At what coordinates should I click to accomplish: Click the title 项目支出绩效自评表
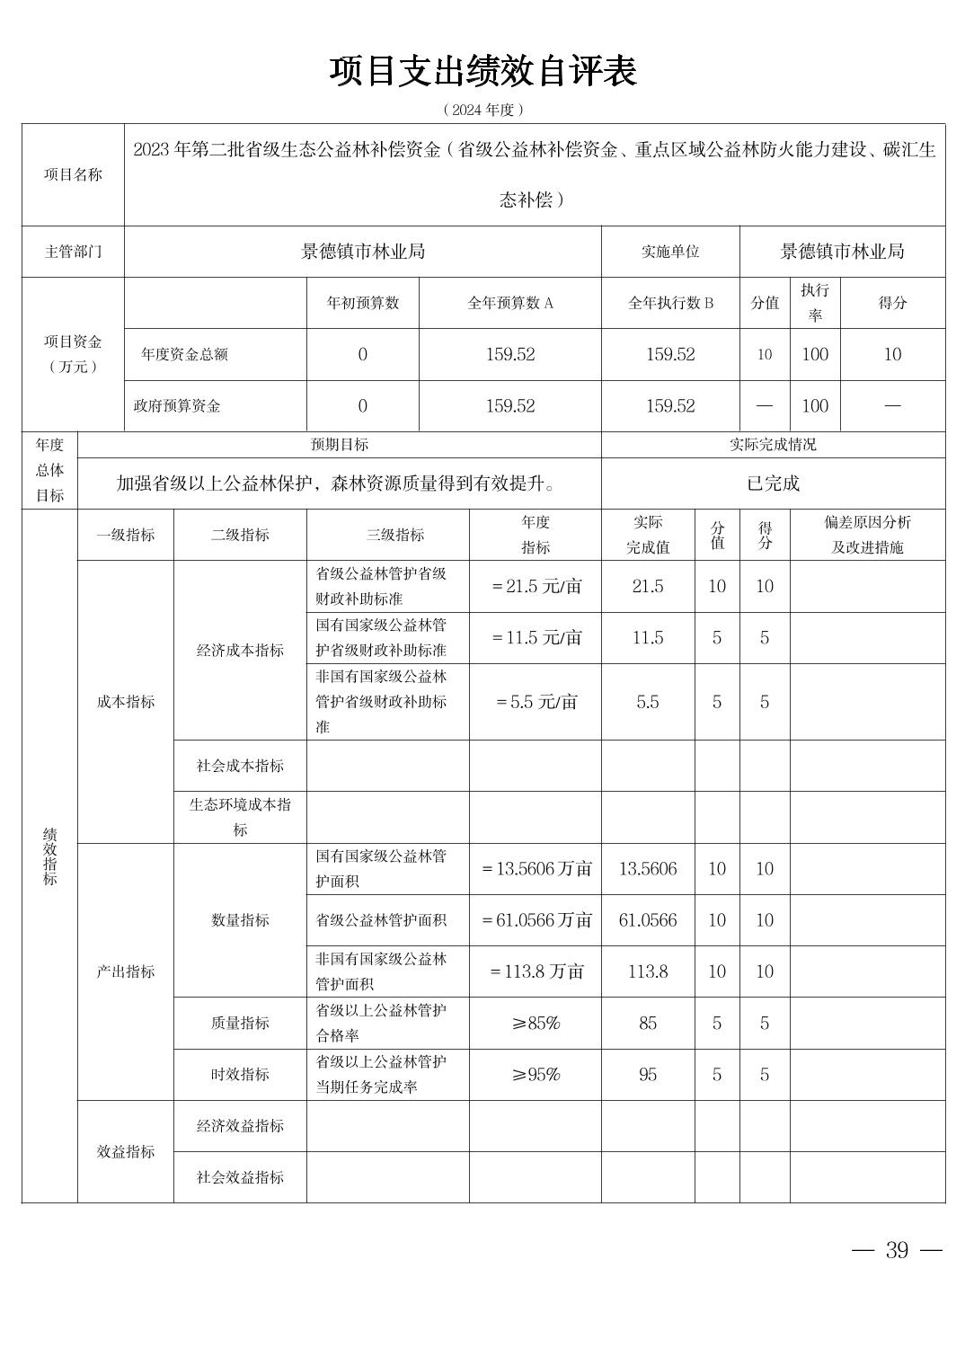[482, 71]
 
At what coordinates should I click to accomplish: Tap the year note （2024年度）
[482, 110]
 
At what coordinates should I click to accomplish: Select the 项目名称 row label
[73, 174]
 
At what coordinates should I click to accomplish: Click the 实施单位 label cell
[669, 252]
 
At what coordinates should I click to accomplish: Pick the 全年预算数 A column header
[509, 303]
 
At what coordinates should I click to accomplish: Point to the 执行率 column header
[815, 303]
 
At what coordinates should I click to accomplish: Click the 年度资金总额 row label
[184, 354]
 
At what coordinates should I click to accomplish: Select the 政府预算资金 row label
[177, 406]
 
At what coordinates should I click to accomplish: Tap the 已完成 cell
[773, 483]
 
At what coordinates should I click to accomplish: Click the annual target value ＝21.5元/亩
[536, 587]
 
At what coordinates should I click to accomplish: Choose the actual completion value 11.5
[648, 638]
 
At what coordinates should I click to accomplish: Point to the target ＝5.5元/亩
[536, 702]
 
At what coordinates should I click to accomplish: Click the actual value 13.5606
[648, 869]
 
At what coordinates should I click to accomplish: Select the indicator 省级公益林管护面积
[381, 920]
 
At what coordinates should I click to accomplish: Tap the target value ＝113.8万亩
[536, 971]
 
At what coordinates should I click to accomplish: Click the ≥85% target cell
[536, 1023]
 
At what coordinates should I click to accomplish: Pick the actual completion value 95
[648, 1075]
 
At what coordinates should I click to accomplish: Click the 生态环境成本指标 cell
[240, 817]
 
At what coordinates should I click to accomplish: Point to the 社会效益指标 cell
[240, 1177]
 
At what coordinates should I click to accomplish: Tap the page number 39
[897, 1250]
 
